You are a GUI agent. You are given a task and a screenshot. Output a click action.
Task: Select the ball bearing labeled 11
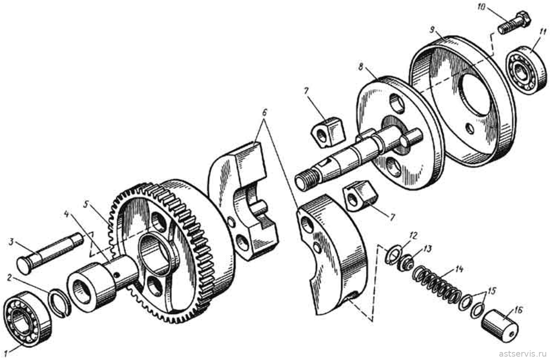pos(527,70)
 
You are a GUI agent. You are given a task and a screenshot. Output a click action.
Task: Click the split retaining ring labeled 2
pos(60,304)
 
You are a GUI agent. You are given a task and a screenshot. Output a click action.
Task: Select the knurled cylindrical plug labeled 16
pos(500,326)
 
